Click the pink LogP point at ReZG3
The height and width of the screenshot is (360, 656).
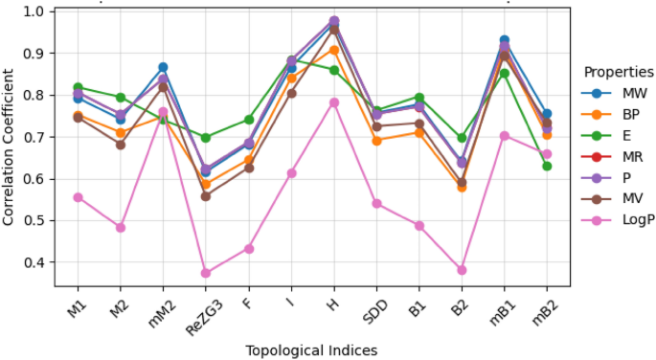tap(206, 273)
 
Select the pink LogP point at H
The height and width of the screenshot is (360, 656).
tap(334, 102)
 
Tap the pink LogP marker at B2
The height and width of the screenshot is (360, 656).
tap(462, 270)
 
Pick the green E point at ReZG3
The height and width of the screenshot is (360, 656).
tap(206, 138)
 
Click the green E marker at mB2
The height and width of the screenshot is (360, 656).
tap(547, 166)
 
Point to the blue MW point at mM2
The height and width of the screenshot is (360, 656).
tap(163, 67)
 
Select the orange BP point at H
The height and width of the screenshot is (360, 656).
tap(334, 50)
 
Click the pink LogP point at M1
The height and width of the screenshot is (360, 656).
tap(78, 197)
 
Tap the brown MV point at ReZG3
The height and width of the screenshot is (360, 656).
tap(206, 195)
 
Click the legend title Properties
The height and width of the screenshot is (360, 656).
tap(619, 72)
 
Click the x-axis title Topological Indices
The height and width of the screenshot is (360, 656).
tap(312, 350)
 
